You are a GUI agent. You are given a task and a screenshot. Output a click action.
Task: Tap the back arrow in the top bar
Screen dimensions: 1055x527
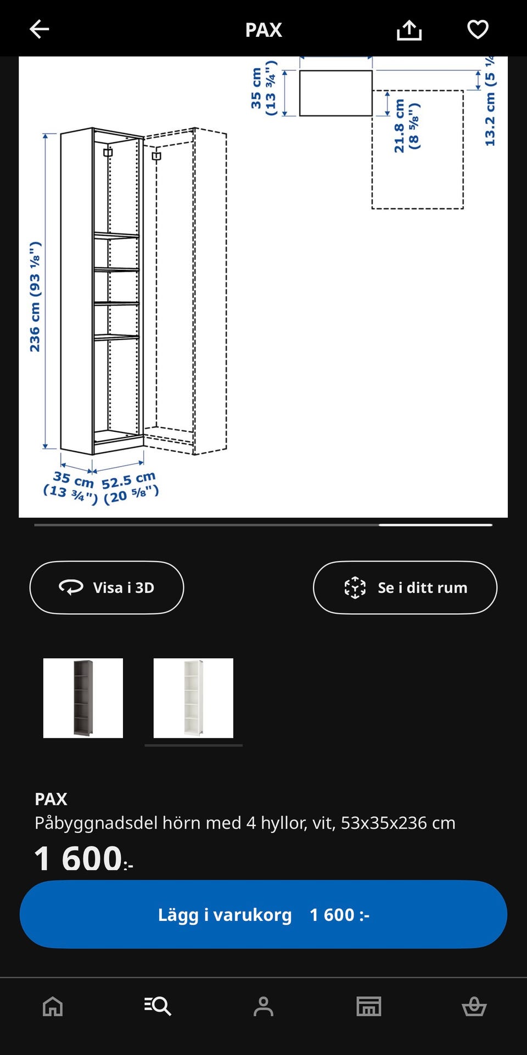click(40, 29)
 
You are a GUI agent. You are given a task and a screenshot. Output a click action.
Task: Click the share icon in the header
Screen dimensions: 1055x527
click(409, 30)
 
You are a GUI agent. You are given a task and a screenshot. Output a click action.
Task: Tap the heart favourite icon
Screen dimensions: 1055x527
click(478, 29)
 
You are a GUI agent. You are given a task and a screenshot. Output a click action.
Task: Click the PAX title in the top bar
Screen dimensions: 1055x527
click(263, 30)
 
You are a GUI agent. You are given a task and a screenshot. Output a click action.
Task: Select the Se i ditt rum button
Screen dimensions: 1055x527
click(405, 587)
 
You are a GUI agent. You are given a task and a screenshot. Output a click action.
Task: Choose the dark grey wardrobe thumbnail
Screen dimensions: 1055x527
click(83, 698)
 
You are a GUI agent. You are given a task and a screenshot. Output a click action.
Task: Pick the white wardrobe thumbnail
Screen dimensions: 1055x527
click(193, 698)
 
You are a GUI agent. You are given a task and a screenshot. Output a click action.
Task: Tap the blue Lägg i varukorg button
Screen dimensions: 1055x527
click(263, 914)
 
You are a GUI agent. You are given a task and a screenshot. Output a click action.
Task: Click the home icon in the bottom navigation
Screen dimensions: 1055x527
click(53, 1007)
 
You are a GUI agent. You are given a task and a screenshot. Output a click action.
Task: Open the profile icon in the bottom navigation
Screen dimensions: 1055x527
click(263, 1007)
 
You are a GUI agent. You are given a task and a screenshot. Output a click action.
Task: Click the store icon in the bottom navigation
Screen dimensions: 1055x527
click(369, 1007)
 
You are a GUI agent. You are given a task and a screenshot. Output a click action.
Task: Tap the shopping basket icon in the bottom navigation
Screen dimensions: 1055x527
click(474, 1007)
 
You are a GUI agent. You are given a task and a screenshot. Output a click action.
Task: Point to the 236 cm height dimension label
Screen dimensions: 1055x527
click(35, 297)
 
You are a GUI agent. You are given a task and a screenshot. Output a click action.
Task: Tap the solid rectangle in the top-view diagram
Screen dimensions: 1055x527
click(335, 93)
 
